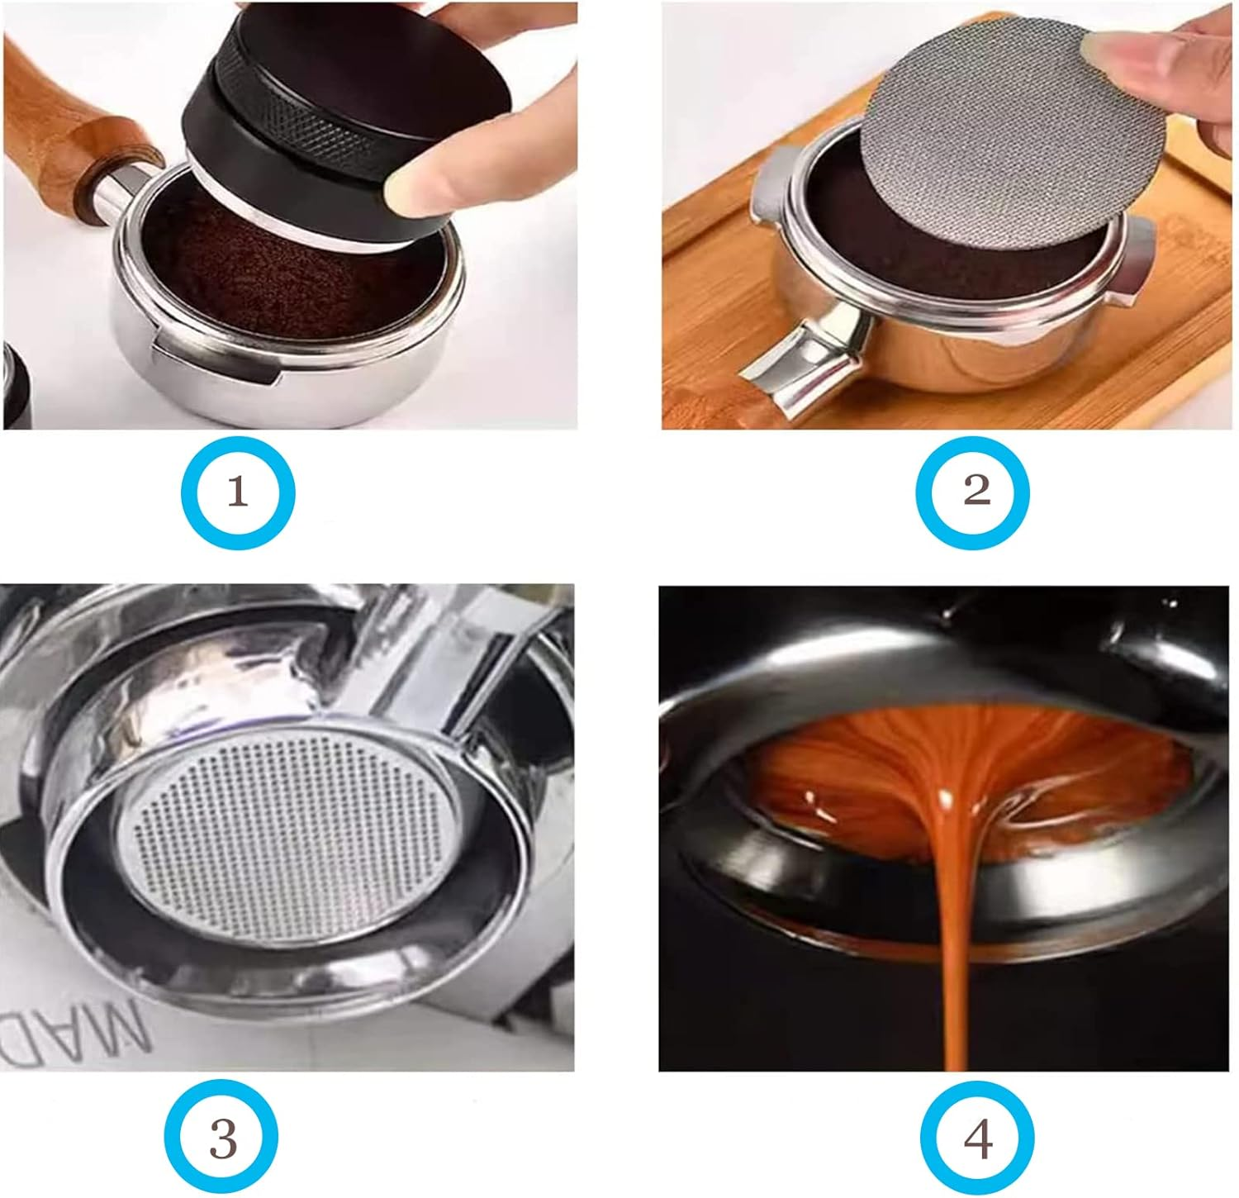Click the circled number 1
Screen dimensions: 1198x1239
(238, 492)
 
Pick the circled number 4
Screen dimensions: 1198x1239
(977, 1141)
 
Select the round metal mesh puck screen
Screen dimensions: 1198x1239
(991, 140)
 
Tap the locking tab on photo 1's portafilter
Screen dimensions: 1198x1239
(215, 364)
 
